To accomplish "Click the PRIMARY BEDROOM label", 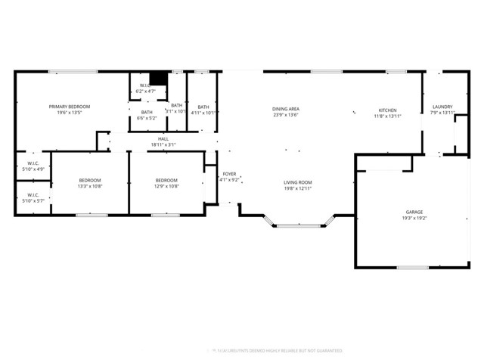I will point(65,107).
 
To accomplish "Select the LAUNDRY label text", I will point(442,107).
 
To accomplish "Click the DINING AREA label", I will point(286,110).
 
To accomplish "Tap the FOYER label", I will point(229,174).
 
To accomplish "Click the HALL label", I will point(163,139).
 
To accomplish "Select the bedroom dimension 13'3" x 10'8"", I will point(90,186).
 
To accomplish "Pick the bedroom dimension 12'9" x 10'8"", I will point(166,186).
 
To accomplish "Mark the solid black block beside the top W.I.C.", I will point(158,79).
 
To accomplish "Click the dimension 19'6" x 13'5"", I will point(65,113).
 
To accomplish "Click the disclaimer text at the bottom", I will point(275,351).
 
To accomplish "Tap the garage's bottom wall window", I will point(412,267).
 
